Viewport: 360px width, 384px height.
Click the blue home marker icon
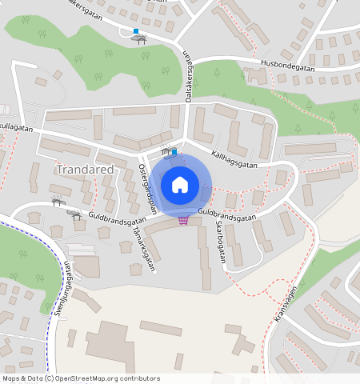(x=180, y=185)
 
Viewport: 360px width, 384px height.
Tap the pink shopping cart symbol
(x=183, y=219)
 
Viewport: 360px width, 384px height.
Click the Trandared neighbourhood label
(x=85, y=170)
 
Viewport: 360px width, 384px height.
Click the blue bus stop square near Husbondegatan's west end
(x=136, y=31)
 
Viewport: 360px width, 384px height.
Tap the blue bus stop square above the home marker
(x=174, y=150)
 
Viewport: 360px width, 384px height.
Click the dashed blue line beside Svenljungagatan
(x=50, y=320)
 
